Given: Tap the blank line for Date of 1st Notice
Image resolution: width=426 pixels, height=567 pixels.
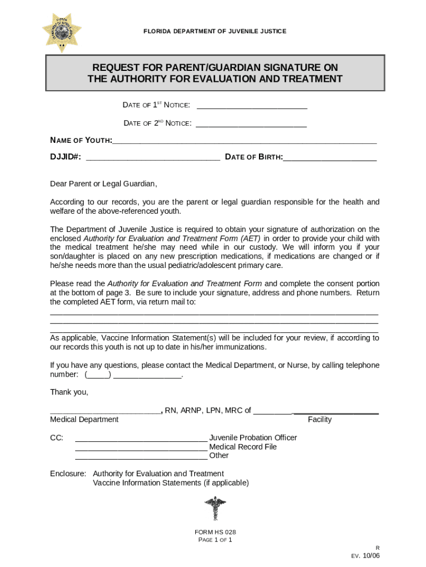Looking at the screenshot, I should click(252, 107).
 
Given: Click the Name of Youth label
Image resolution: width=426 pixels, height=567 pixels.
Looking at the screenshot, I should click(81, 141).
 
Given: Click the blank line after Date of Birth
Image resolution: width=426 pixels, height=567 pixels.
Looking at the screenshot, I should click(330, 159).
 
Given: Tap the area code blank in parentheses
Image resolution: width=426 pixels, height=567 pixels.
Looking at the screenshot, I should click(98, 375).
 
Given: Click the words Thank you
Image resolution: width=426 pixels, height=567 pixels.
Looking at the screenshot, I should click(69, 392).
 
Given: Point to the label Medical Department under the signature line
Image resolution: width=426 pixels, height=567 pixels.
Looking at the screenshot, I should click(84, 420).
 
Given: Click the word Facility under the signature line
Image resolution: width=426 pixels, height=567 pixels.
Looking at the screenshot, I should click(320, 420).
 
